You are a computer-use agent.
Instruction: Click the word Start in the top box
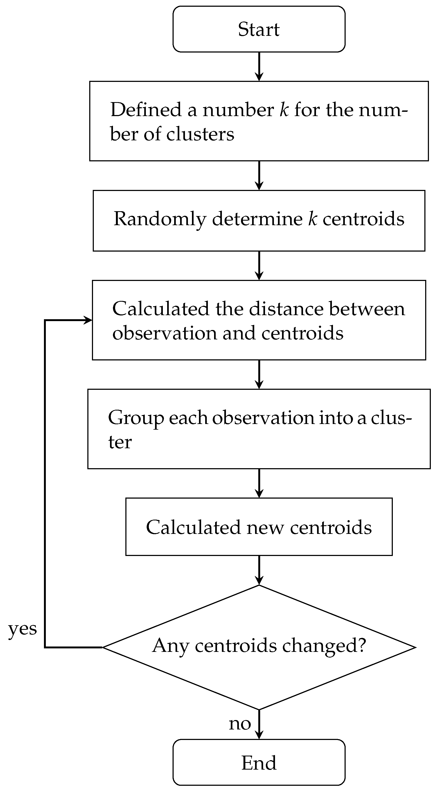tap(259, 29)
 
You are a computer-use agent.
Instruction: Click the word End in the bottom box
tap(259, 763)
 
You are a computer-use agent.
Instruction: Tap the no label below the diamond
tap(240, 724)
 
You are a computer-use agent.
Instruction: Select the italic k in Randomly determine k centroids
tap(312, 219)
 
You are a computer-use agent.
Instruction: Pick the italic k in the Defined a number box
tap(284, 110)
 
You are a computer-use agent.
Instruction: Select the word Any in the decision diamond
tap(170, 646)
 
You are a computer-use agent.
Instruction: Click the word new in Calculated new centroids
tap(265, 527)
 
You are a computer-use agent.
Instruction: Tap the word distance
tap(286, 309)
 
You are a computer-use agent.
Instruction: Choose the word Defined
tap(146, 110)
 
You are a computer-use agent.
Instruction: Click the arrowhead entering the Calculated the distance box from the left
tap(88, 320)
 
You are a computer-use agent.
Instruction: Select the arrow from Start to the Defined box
tap(259, 67)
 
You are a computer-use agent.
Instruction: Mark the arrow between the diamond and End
tap(259, 724)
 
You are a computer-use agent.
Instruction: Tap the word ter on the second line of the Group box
tap(120, 443)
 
